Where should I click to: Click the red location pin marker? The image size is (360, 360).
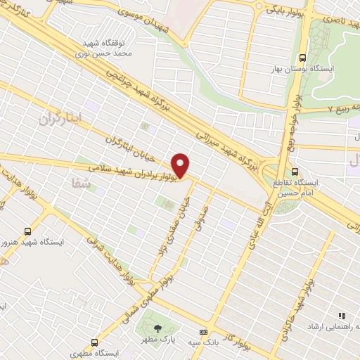181,165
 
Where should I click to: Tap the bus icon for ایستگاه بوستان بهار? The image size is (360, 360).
302,58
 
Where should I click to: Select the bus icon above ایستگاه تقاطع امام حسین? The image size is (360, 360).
295,171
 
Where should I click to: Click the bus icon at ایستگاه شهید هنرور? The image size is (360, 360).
27,230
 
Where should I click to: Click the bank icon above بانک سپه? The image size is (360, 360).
204,332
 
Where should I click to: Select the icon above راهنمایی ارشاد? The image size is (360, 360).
342,317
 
